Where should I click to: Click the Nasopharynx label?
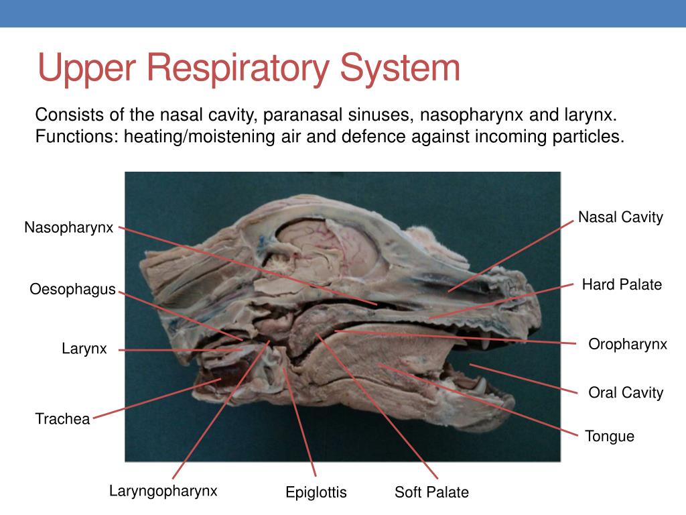coord(69,227)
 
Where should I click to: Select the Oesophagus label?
coord(72,290)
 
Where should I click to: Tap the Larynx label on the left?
coord(84,349)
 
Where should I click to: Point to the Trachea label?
coord(62,419)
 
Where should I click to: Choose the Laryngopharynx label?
coord(163,491)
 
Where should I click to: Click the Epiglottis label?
coord(316,493)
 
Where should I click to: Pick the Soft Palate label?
coord(431,493)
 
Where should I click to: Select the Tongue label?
coord(609,437)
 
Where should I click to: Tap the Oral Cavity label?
coord(625,393)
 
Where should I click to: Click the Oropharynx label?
coord(628,345)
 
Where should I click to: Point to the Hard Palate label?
coord(622,285)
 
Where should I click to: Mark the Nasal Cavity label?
coord(620,217)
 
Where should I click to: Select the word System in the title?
coord(401,68)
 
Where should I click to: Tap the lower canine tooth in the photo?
coord(480,386)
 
